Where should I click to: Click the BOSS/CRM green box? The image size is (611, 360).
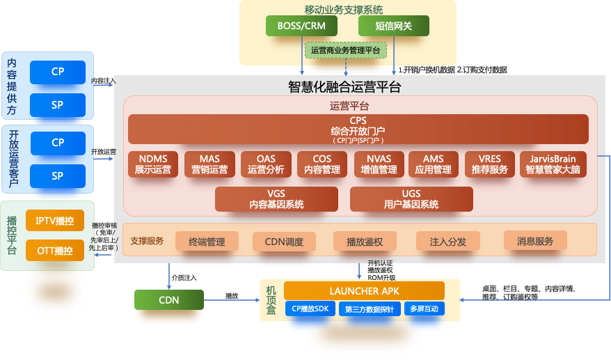click(x=301, y=26)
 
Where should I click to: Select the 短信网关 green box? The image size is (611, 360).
click(x=393, y=26)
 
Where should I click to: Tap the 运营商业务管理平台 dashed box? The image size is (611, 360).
click(x=345, y=51)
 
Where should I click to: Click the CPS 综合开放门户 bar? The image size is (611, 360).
click(x=358, y=129)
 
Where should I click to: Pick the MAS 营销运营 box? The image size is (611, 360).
click(x=209, y=164)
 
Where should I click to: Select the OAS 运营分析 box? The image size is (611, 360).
click(x=266, y=164)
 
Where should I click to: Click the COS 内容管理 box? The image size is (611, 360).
click(x=322, y=164)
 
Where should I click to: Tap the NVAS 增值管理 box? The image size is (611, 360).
click(x=379, y=164)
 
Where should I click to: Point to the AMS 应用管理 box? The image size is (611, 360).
click(x=433, y=164)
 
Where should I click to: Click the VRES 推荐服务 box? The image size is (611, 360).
click(x=489, y=164)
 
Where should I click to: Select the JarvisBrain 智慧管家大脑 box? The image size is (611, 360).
click(x=553, y=164)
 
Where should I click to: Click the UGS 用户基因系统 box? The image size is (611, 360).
click(x=411, y=199)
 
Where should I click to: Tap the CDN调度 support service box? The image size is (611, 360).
click(x=284, y=242)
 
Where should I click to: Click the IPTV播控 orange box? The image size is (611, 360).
click(x=54, y=221)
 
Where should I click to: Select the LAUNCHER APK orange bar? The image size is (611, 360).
click(x=364, y=291)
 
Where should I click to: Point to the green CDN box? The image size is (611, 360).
click(x=169, y=300)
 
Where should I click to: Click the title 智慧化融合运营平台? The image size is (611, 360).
click(x=344, y=87)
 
